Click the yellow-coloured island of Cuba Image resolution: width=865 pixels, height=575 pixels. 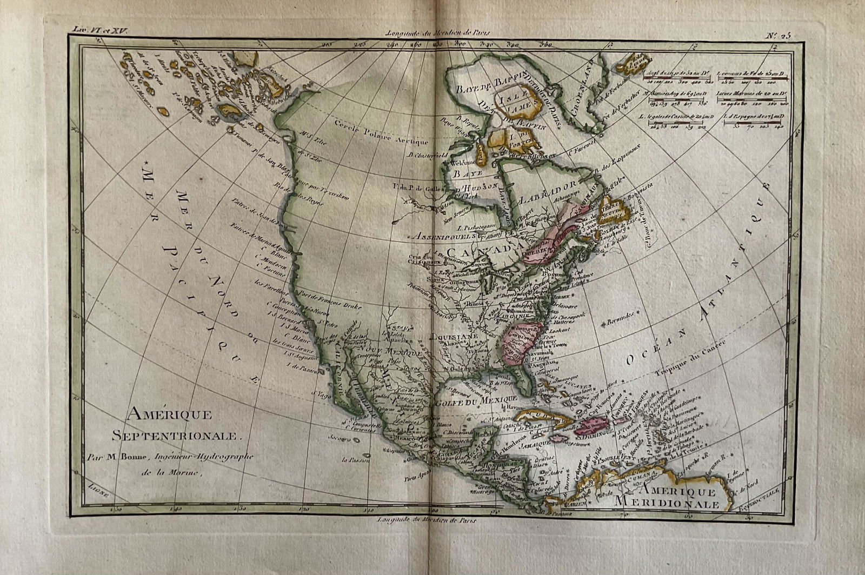(x=536, y=419)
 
